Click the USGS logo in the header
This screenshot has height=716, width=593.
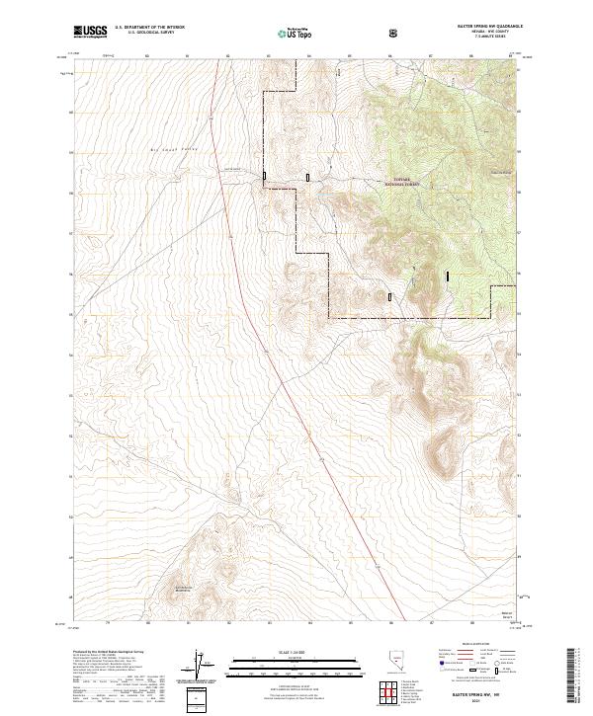(90, 33)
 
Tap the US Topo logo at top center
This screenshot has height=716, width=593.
(291, 33)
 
